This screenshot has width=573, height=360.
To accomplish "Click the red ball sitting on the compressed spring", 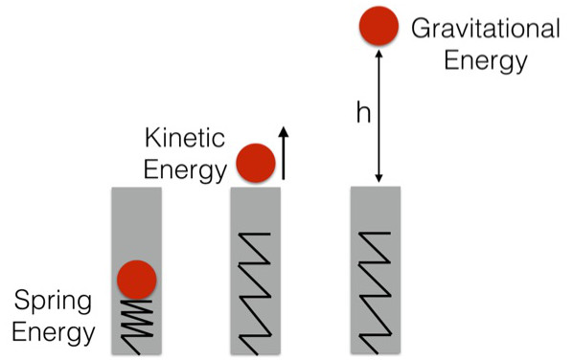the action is (136, 280).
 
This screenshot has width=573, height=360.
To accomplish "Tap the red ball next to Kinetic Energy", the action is (256, 162).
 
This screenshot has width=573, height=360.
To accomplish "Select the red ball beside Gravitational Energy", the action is (378, 26).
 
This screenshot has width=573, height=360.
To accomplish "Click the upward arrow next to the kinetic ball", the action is (284, 152).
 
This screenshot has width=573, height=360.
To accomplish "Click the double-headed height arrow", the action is (380, 116).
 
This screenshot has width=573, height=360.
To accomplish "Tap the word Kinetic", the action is (185, 140).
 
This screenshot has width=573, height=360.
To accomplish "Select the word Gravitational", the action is (485, 28).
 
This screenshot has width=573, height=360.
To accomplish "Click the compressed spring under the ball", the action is (136, 323).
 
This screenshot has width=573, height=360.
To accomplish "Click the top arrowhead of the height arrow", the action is (380, 56).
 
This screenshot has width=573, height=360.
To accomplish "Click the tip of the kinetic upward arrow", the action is (284, 127).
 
